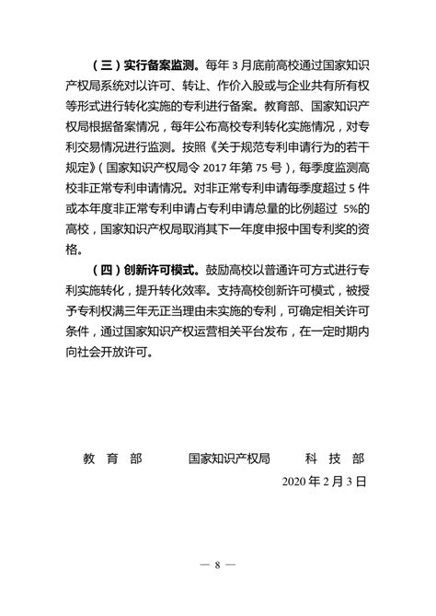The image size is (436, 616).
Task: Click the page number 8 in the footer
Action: point(218,564)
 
